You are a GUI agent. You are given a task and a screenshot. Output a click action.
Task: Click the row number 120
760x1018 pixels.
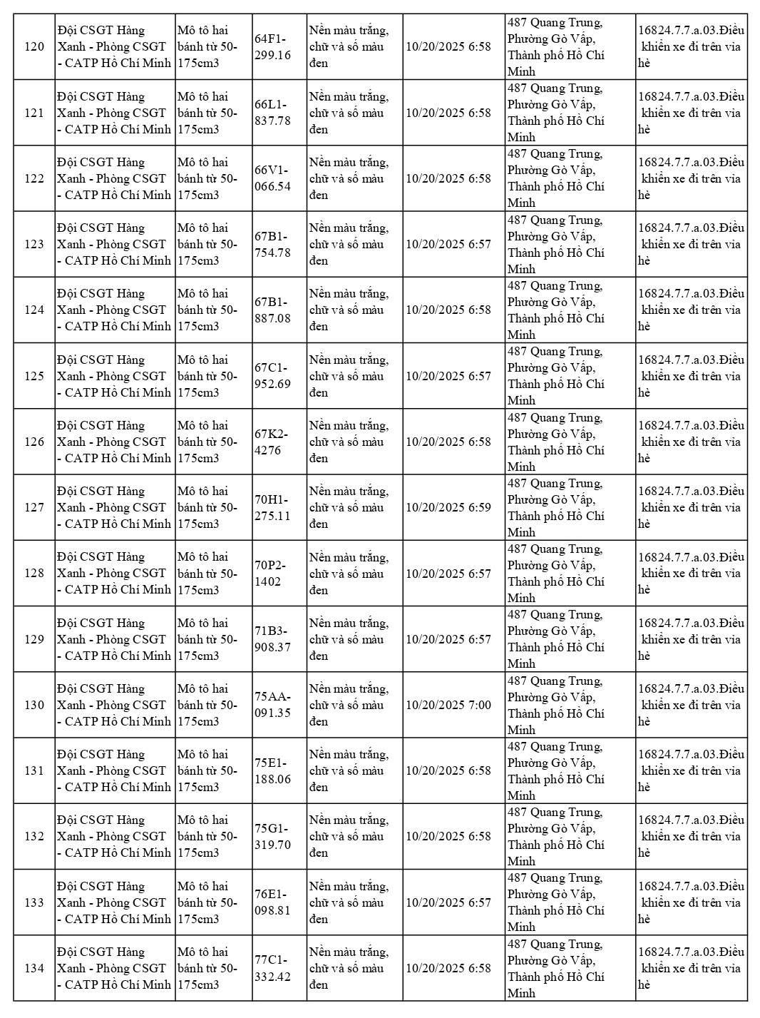(34, 47)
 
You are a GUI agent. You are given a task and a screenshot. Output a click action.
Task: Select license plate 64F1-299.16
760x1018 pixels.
(272, 47)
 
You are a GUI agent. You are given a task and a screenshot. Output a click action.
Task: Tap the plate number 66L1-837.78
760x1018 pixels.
(272, 113)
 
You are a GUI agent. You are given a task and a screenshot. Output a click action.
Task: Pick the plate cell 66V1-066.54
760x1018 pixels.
(272, 178)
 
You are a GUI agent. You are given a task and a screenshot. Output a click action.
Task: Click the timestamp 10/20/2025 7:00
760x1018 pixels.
(448, 705)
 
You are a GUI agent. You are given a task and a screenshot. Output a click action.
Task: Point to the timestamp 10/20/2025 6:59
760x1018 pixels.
(448, 507)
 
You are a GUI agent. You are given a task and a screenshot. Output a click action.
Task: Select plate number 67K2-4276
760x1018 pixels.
(271, 442)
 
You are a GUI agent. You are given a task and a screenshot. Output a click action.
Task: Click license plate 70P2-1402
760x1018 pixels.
(271, 574)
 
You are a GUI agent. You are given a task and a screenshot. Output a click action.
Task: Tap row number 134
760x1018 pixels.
(34, 968)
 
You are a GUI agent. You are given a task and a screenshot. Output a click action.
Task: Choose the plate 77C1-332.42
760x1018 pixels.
(272, 968)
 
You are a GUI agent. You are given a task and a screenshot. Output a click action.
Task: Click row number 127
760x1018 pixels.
(34, 507)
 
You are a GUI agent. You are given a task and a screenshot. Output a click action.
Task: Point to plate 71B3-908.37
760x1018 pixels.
(272, 639)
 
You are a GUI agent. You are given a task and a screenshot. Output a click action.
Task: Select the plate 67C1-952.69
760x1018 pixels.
(272, 376)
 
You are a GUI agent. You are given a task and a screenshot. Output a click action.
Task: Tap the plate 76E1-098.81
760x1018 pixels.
(272, 902)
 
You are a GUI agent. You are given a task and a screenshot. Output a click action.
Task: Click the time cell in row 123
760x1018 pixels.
(448, 244)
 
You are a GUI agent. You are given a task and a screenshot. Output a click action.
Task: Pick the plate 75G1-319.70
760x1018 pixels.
(272, 836)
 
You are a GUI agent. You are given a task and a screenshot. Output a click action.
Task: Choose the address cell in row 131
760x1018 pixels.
(555, 770)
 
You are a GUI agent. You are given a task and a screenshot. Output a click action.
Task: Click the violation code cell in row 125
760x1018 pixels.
(691, 376)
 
